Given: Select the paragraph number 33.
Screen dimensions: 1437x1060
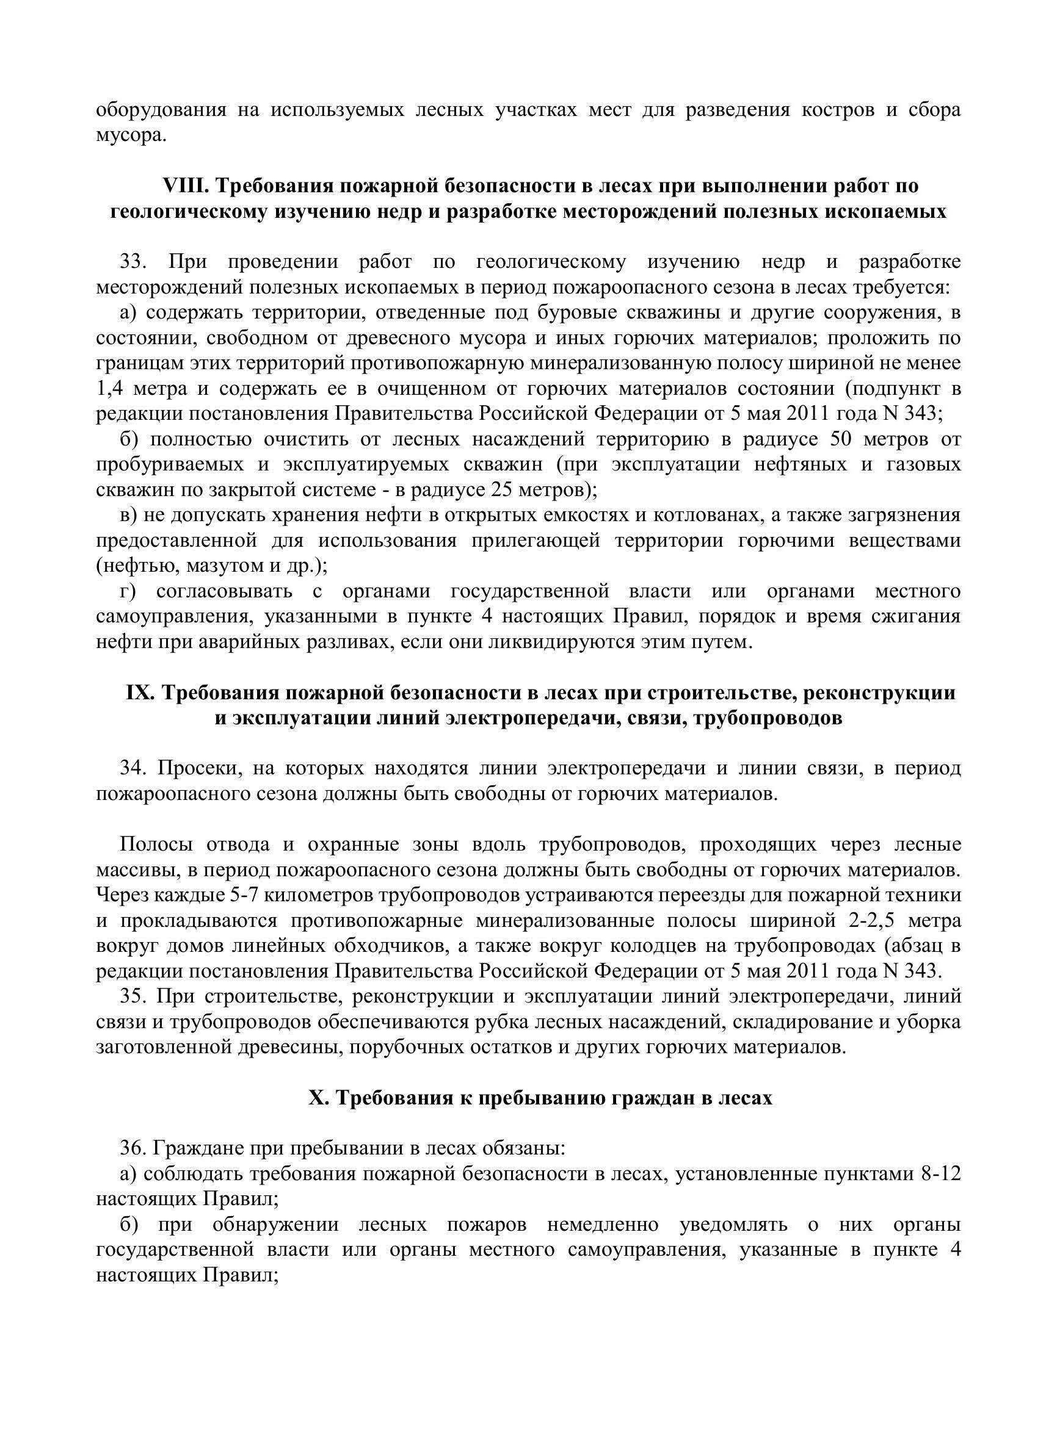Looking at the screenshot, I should pos(134,262).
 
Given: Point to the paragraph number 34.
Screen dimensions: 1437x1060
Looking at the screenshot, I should pos(134,769).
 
